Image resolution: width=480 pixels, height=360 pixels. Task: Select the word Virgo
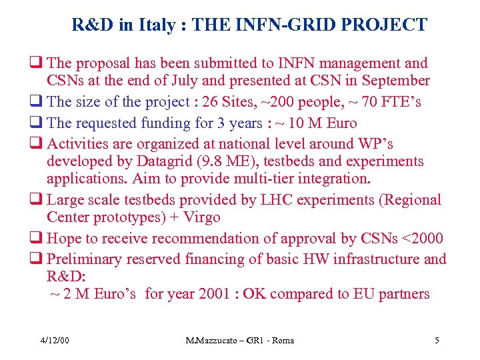click(x=201, y=218)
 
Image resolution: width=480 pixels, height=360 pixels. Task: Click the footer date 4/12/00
click(x=55, y=341)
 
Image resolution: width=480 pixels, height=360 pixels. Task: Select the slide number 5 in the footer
click(x=437, y=341)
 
